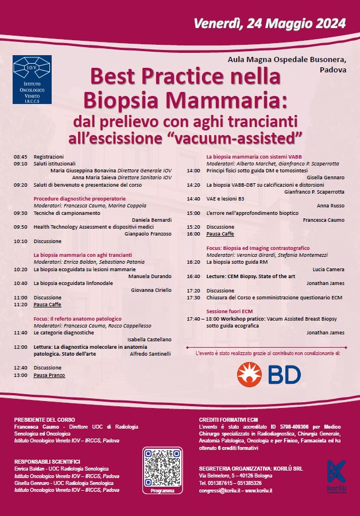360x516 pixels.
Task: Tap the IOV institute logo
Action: tap(32, 79)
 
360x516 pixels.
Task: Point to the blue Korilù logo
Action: tap(336, 473)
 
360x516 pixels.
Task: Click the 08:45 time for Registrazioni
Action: tap(21, 156)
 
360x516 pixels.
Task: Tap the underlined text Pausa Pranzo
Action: tap(49, 375)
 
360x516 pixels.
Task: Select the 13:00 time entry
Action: tap(21, 375)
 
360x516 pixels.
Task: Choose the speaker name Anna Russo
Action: tap(330, 206)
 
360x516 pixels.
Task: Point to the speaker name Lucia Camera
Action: tap(328, 269)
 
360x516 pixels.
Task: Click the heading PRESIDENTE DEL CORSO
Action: tap(44, 420)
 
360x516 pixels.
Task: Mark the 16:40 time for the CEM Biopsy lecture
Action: tap(193, 276)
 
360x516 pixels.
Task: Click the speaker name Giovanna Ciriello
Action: tap(152, 290)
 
